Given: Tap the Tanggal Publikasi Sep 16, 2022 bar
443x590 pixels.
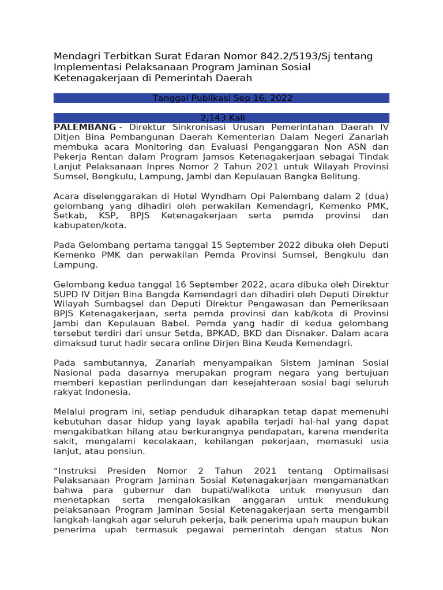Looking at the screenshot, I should [221, 98].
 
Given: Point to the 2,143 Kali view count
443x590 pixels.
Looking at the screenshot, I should [221, 118].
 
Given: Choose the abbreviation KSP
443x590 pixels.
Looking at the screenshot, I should [107, 215].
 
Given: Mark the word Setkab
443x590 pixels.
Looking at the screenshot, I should [67, 215].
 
